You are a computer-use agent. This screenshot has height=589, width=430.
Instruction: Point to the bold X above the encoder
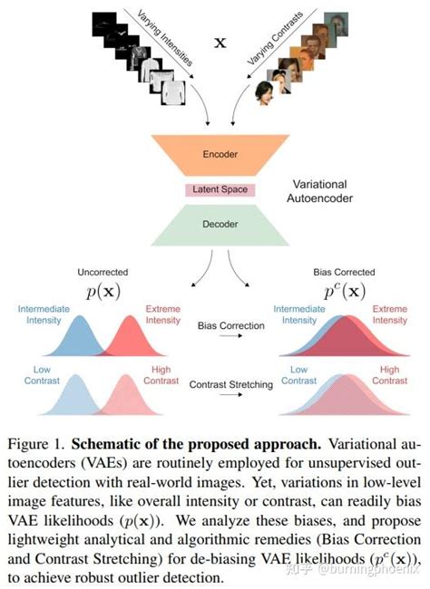point(218,43)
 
